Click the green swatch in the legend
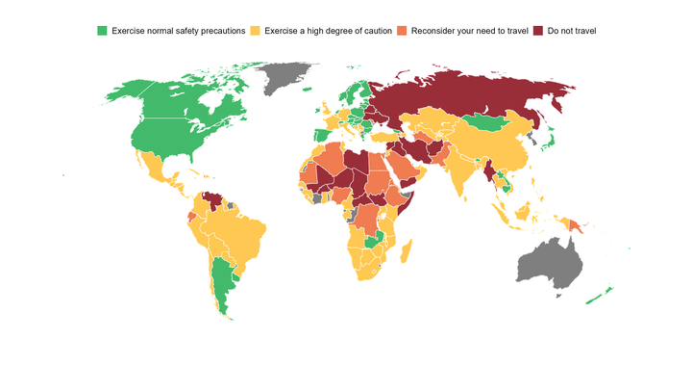(101, 32)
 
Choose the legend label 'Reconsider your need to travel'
(469, 32)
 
